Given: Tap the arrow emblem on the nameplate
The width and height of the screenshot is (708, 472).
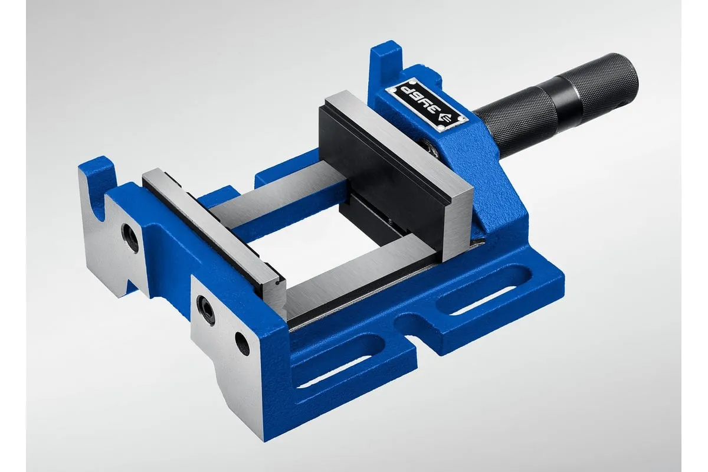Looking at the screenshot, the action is coord(445,120).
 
